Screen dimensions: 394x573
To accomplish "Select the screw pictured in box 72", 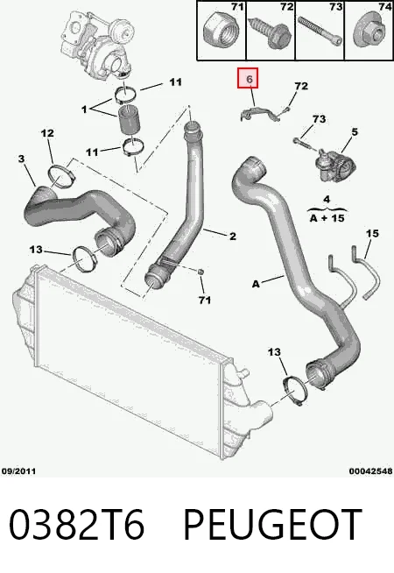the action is coord(271,32).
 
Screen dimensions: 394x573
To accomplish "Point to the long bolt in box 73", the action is coord(320,31).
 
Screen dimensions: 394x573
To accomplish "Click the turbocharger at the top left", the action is coord(97,43).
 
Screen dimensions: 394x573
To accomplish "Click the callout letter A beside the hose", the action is coord(256,284).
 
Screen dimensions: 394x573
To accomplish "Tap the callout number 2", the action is coord(233,237).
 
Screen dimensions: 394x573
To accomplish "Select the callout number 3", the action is coord(22,159).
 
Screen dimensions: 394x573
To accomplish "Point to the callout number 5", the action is coord(355,131).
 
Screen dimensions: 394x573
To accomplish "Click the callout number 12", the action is coord(47,133).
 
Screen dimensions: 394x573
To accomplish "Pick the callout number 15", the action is coord(372,233).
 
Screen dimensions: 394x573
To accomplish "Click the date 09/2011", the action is coord(18,471).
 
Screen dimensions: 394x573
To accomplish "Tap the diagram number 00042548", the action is coord(370,471).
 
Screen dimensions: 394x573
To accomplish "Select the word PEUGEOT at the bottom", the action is coord(272,525).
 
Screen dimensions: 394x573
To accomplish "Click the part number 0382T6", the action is coord(76,525).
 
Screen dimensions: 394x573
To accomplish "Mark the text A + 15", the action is coord(327,218).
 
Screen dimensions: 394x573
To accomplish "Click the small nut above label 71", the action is coord(201,272).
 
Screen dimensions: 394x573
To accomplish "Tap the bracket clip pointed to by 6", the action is coord(260,112).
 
